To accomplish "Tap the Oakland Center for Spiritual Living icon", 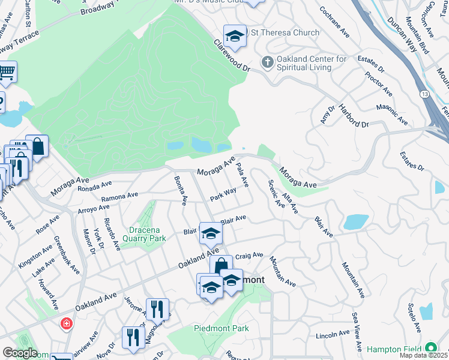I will pyautogui.click(x=267, y=62).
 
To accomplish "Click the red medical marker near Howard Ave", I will pyautogui.click(x=66, y=324).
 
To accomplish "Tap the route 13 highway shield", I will pyautogui.click(x=424, y=95).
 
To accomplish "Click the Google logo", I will pyautogui.click(x=20, y=353).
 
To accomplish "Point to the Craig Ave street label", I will pyautogui.click(x=249, y=256).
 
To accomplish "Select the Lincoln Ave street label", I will pyautogui.click(x=332, y=334).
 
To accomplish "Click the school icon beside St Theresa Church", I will pyautogui.click(x=235, y=35).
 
